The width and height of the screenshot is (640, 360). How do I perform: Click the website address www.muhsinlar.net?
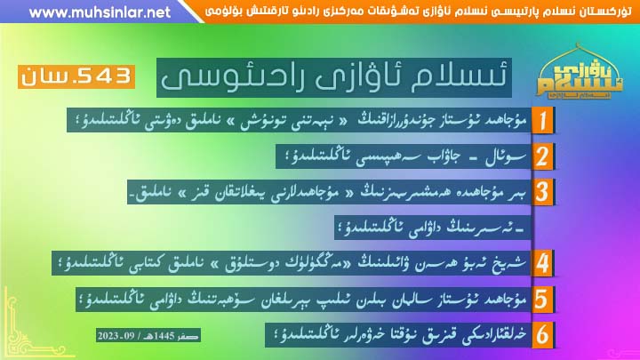pos(100,12)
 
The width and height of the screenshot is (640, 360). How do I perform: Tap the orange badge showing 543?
pos(76,76)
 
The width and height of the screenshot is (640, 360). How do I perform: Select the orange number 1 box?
pos(542,120)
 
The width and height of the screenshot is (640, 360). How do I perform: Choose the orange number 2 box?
pos(542,156)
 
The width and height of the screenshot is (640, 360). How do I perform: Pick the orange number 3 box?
pos(542,192)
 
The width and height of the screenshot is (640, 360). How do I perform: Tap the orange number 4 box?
pos(542,263)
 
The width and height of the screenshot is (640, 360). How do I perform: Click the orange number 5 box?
pos(542,300)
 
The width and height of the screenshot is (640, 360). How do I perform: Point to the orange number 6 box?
pos(542,335)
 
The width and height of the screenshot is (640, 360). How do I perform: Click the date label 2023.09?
pos(148,335)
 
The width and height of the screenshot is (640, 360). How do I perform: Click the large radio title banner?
pos(334,77)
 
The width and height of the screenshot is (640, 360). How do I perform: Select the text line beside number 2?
pos(404,156)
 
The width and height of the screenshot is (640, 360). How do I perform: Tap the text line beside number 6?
pos(398,335)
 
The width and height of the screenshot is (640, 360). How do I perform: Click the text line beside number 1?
pos(300,120)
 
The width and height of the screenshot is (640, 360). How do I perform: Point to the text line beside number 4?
pos(292,263)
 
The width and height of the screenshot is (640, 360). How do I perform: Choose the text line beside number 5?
pos(303,300)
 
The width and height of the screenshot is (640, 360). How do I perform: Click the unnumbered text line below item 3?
pos(433,228)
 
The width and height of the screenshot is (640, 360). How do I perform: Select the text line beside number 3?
pos(329,192)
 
